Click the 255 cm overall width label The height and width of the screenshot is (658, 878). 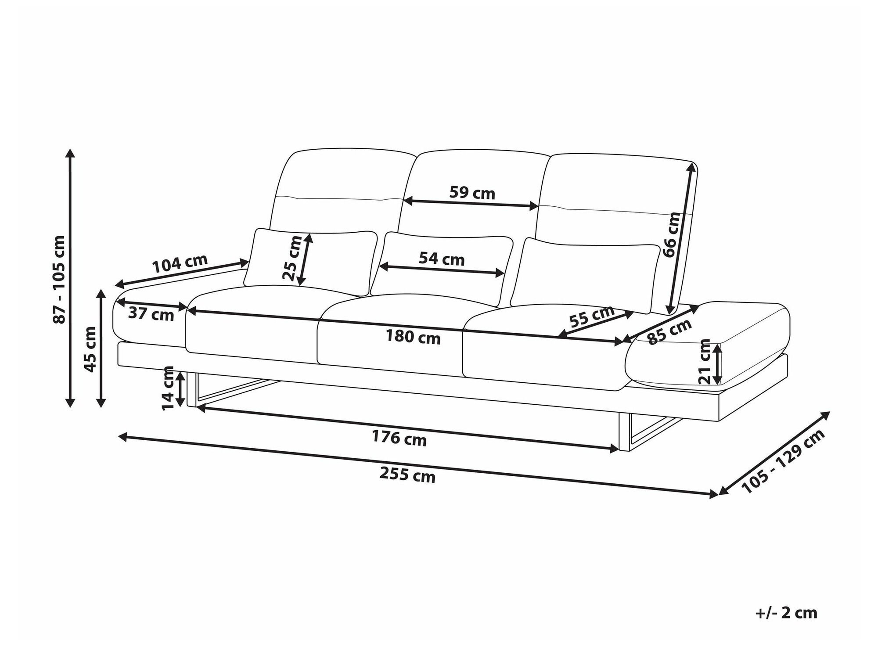click(407, 475)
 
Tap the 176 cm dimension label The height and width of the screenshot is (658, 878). click(399, 438)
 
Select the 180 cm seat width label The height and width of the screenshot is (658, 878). click(413, 337)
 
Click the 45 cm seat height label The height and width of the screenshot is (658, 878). click(90, 349)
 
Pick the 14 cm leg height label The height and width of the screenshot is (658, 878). click(168, 388)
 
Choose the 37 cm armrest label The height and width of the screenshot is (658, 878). click(151, 314)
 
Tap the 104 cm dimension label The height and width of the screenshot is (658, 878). click(180, 263)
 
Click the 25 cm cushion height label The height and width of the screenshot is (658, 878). click(291, 258)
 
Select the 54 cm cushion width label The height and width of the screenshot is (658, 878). click(441, 259)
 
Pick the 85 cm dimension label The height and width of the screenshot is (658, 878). click(669, 332)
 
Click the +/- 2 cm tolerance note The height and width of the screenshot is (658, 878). click(786, 613)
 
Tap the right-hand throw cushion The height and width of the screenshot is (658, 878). click(586, 275)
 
